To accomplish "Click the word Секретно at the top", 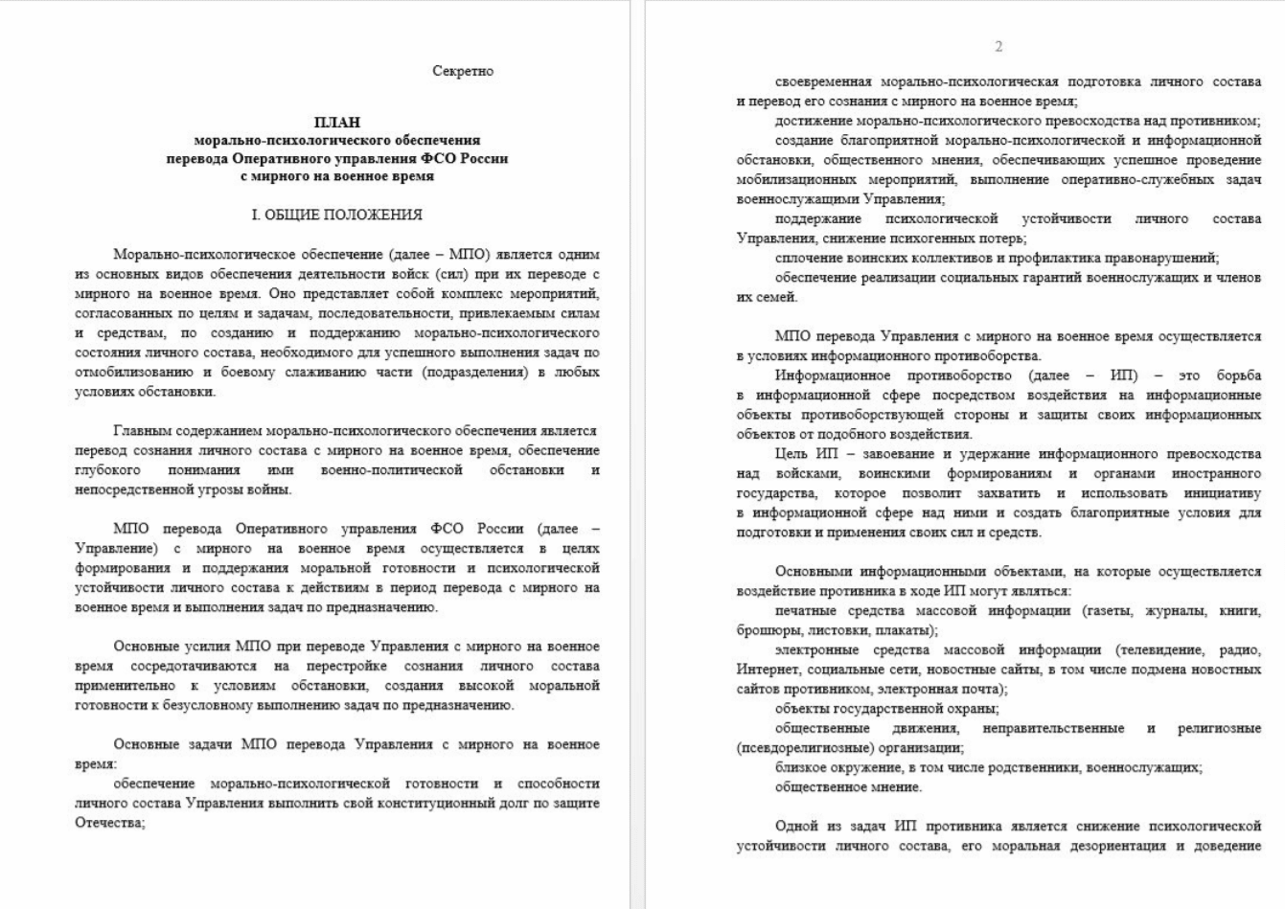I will pos(463,71).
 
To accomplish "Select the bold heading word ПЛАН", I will pos(337,122).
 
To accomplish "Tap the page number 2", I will pos(998,46).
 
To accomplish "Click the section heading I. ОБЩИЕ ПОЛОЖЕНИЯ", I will pos(336,215).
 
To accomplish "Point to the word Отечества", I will pos(108,823).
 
